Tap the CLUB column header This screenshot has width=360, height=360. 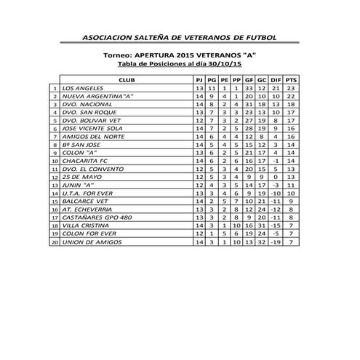coord(125,79)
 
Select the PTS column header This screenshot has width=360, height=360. coord(291,79)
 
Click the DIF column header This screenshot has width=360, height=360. coord(276,79)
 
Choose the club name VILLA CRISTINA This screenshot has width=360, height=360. coord(86,225)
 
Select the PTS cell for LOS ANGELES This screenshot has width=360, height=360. coord(291,87)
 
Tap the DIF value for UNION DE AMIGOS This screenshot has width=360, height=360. coord(276,242)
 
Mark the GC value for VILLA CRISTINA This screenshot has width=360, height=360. coord(262,225)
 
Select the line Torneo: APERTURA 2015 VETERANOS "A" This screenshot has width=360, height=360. coord(180,55)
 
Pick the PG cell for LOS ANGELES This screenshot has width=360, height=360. coord(212,87)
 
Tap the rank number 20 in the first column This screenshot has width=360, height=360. coord(55,242)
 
